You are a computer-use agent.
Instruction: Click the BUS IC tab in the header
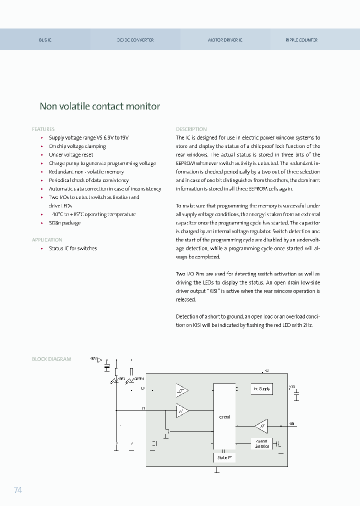pos(45,40)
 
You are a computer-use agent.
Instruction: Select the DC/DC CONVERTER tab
pos(135,40)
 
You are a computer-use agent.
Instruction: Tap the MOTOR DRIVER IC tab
pos(225,40)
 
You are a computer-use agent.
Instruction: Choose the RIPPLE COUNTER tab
pos(301,40)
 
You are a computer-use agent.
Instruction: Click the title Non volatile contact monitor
pos(100,106)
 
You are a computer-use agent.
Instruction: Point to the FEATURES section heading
pos(43,129)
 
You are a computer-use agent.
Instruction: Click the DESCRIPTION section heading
pos(191,129)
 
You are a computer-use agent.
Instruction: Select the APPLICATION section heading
pos(47,240)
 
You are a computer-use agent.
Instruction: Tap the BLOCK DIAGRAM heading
pos(51,359)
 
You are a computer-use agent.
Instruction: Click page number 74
pos(18,490)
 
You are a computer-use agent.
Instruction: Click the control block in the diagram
pos(224,416)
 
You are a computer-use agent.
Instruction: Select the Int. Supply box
pos(261,388)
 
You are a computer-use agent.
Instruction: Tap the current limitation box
pos(262,444)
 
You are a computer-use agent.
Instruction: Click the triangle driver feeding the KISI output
pos(260,426)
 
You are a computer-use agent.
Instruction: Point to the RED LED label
pos(121,379)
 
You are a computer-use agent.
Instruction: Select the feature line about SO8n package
pos(64,223)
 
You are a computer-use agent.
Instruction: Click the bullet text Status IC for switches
pos(72,248)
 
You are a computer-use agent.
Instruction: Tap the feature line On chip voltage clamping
pos(77,146)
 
